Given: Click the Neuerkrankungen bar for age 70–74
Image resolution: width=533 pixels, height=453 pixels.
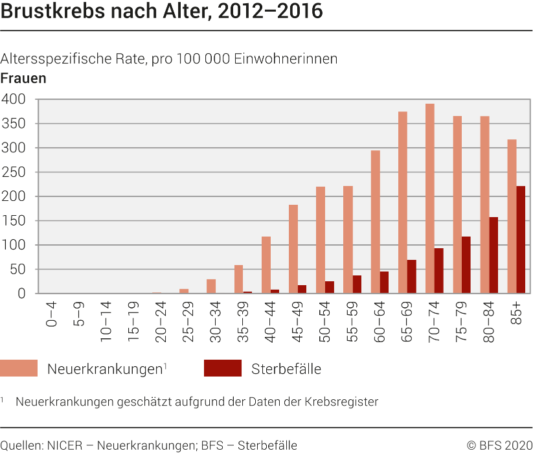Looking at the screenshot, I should point(430,198).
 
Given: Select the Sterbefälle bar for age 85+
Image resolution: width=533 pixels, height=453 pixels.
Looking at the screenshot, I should point(521,239).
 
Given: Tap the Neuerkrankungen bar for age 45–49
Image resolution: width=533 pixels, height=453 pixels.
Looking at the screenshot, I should point(293,249).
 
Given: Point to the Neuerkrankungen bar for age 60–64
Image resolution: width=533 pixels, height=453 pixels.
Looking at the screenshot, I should point(375,222).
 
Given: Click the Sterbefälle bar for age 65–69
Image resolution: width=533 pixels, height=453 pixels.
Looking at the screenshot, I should point(411,276).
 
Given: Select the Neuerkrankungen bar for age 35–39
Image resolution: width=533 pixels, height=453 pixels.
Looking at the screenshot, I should point(238,279).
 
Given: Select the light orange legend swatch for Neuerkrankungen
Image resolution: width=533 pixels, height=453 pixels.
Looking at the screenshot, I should point(19,369).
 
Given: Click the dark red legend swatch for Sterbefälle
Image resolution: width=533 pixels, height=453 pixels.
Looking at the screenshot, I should point(222,369).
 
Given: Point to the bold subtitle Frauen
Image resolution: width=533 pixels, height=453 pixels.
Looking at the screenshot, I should point(23,78).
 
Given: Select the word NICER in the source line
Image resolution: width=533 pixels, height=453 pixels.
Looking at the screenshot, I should point(65,445).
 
